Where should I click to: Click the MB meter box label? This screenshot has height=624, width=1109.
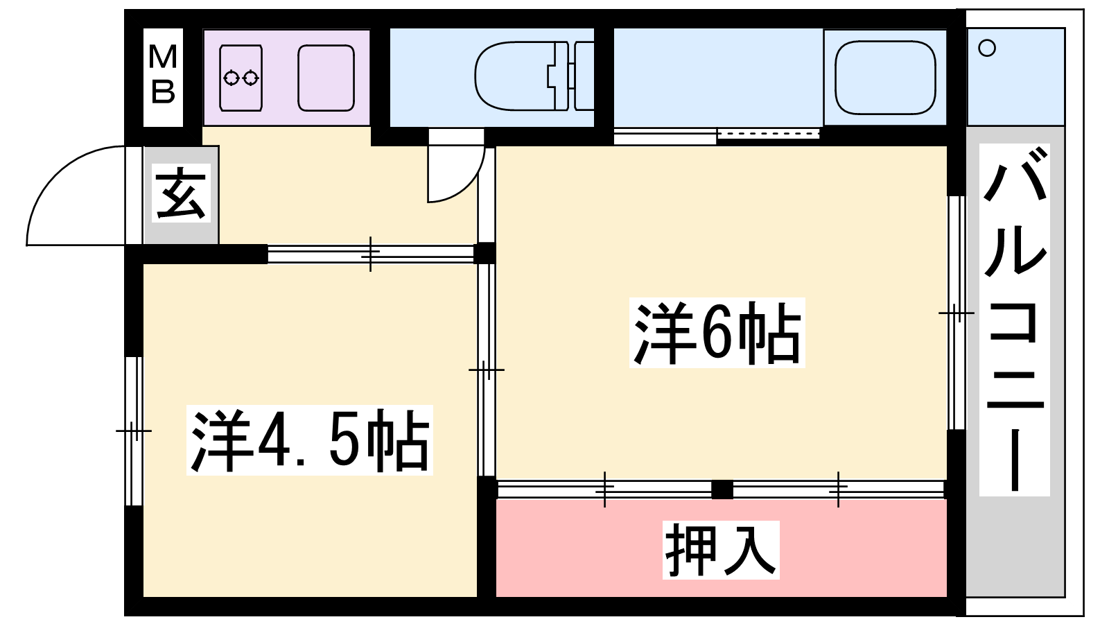[x=163, y=73]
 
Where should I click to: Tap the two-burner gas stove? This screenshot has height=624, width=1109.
[x=241, y=78]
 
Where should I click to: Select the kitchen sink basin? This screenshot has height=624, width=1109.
[x=326, y=78]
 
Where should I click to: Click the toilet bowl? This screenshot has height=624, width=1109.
[x=515, y=76]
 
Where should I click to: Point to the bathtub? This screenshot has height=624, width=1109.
[x=885, y=77]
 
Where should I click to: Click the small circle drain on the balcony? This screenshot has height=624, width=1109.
[x=987, y=48]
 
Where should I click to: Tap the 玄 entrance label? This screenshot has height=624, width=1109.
[x=181, y=193]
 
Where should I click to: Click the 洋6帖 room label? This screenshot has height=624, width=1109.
[x=717, y=333]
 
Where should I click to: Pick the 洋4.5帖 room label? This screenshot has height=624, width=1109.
[x=309, y=440]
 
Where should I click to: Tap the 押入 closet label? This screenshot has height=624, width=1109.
[x=721, y=550]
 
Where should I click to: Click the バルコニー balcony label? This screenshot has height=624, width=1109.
[x=1015, y=320]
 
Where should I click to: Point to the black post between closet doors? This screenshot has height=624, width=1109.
[x=722, y=489]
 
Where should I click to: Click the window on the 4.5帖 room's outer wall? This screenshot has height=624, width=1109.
[x=134, y=431]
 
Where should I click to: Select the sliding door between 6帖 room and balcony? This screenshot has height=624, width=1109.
[x=957, y=313]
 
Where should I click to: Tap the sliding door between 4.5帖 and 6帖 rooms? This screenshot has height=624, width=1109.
[x=487, y=370]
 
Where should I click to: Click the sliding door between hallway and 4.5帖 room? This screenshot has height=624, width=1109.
[x=370, y=254]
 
